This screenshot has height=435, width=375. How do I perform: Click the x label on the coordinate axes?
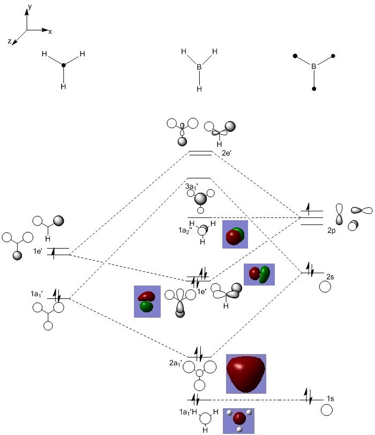tap(50, 32)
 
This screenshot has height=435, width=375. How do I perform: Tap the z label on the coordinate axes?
tap(10, 41)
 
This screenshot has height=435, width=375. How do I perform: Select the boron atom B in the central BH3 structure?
tap(199, 67)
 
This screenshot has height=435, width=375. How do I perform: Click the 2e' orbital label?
tap(227, 153)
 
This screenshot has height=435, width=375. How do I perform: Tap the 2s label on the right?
tap(331, 276)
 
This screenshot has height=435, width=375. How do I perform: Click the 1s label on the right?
tap(332, 399)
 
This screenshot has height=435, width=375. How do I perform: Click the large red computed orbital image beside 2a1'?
tap(246, 372)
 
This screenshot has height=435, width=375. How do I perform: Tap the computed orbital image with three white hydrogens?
tap(238, 421)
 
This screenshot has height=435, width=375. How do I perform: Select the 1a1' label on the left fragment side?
tap(37, 294)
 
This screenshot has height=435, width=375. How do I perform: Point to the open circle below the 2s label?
tap(325, 287)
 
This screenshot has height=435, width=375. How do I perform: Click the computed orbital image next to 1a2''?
tap(235, 235)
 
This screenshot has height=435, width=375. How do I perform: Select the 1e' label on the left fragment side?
tap(37, 251)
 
